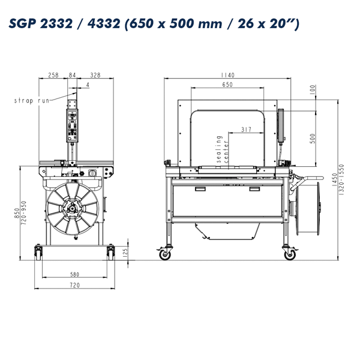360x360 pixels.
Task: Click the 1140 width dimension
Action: [227, 75]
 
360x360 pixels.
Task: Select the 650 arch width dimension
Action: [227, 85]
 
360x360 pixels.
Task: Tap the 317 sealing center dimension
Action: [246, 130]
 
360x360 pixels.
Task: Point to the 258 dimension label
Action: [53, 75]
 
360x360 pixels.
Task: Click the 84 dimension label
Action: [72, 75]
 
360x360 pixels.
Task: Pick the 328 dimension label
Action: [95, 75]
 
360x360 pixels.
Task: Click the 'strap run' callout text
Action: [32, 101]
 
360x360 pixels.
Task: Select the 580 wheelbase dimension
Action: [74, 274]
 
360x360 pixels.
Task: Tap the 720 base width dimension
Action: [74, 285]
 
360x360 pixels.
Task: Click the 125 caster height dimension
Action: [125, 253]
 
